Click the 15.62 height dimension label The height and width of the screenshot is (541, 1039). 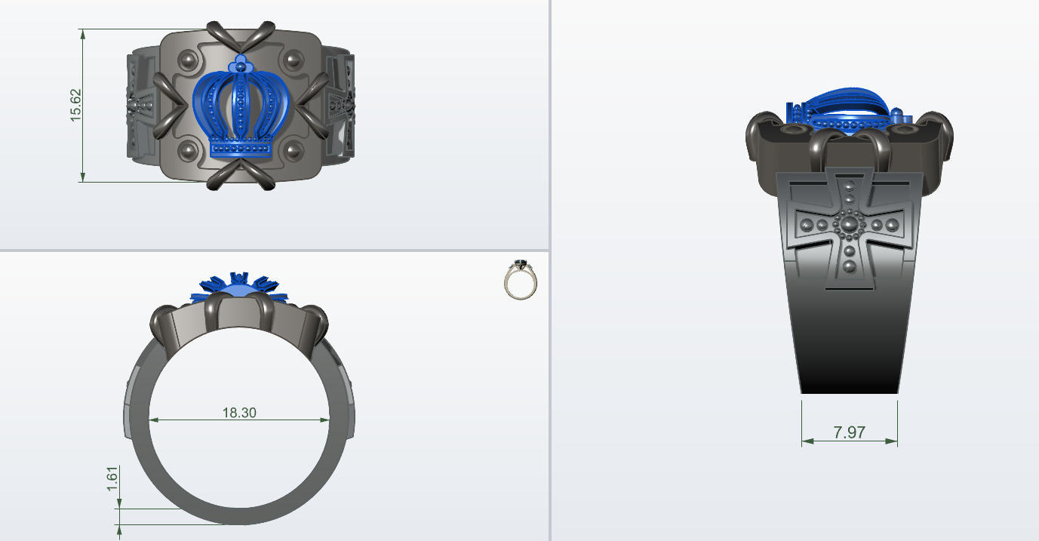pos(75,105)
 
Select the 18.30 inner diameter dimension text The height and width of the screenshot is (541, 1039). pos(238,413)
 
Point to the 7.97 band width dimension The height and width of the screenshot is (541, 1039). pos(849,432)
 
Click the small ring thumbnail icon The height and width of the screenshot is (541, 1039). pos(520,279)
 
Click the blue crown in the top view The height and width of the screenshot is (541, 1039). pos(241,109)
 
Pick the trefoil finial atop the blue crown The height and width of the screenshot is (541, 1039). pos(241,62)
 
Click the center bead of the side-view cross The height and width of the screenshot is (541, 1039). pos(850,224)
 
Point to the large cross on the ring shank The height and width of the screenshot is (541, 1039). pos(850,226)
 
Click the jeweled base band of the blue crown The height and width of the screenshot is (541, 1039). pos(241,149)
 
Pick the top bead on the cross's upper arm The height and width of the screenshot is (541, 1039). pos(850,185)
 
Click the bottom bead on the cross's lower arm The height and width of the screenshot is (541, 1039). pos(850,266)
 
